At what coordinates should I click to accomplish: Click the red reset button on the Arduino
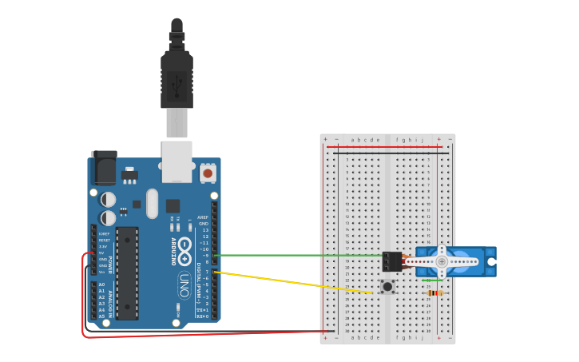point(208,173)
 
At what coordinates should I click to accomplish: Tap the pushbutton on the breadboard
point(387,286)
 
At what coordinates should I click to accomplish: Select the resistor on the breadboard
point(434,293)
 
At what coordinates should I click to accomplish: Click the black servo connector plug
point(391,261)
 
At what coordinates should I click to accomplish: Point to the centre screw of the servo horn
point(442,261)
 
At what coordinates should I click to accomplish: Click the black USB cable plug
point(176,76)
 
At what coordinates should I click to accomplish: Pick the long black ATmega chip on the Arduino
point(127,272)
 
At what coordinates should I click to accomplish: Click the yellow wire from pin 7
point(295,283)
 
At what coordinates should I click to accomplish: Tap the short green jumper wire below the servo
point(432,280)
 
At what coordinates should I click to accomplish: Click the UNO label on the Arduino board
point(184,284)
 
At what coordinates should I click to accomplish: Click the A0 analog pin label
point(101,284)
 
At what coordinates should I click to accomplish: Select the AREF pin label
point(203,217)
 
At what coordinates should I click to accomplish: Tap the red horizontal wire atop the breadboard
point(383,147)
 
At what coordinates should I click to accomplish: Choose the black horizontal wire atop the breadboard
point(383,151)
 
